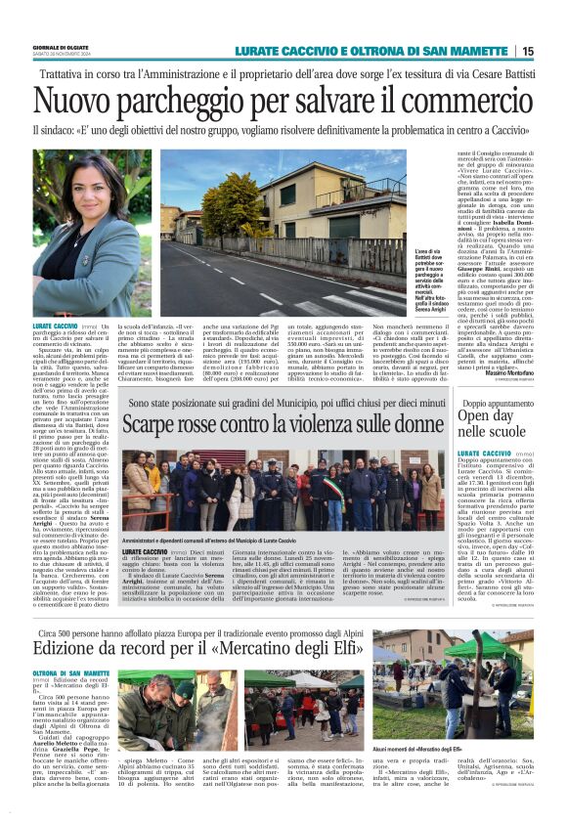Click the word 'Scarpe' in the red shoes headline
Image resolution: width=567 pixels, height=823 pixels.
[x=155, y=425]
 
